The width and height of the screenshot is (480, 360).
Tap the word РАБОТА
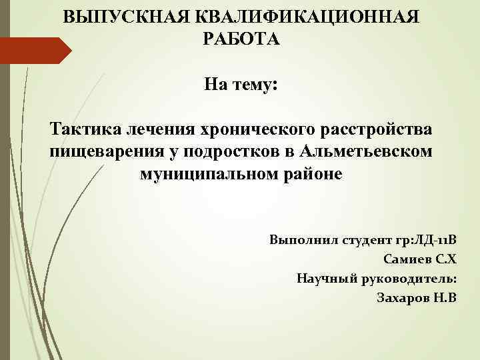[x=241, y=39]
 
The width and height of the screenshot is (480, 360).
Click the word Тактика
[x=81, y=127]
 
